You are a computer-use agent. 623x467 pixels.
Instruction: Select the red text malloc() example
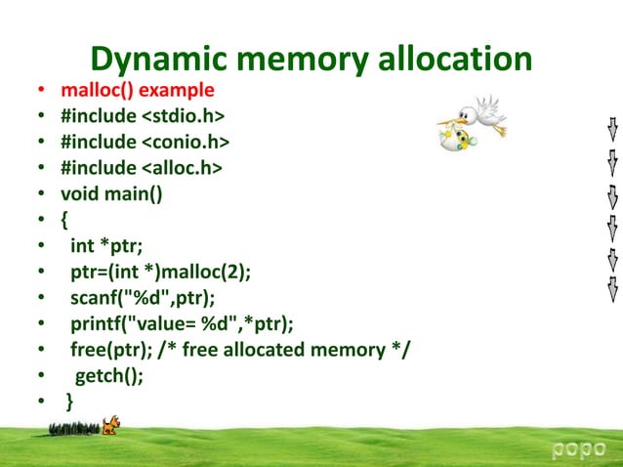click(138, 91)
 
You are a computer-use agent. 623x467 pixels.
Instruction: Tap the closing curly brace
click(68, 402)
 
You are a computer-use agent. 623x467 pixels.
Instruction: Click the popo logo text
click(579, 448)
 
